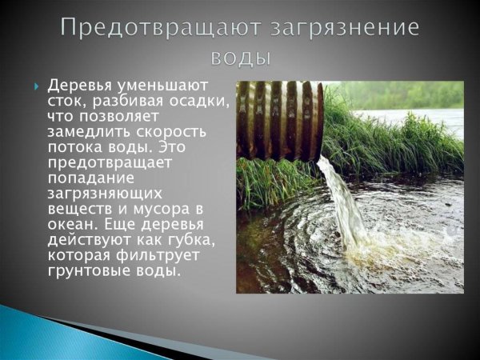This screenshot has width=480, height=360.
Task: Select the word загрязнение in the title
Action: pyautogui.click(x=345, y=26)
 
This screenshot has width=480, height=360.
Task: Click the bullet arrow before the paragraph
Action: pyautogui.click(x=36, y=85)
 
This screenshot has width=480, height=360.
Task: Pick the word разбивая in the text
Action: pyautogui.click(x=124, y=101)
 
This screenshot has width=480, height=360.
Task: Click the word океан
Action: pyautogui.click(x=71, y=224)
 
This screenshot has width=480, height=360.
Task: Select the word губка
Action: pyautogui.click(x=188, y=240)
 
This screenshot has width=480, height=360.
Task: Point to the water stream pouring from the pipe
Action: pyautogui.click(x=340, y=192)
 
